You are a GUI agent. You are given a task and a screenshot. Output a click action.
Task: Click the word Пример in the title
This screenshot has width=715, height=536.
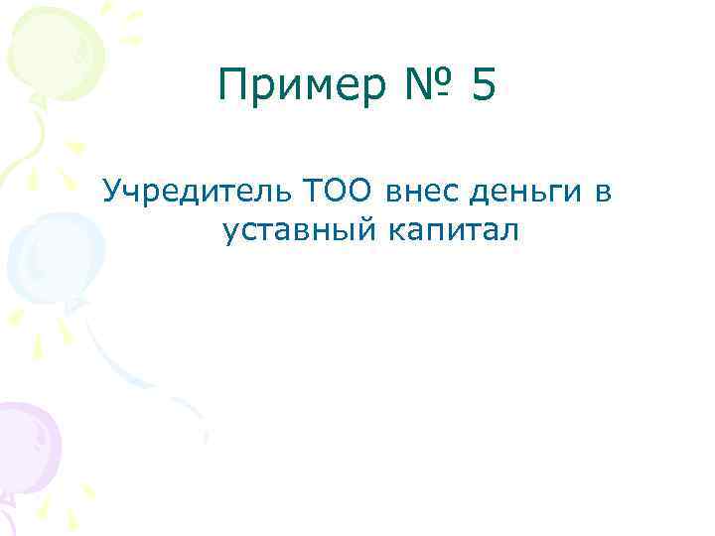click(x=297, y=87)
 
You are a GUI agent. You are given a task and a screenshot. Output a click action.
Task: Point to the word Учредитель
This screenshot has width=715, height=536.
click(x=193, y=189)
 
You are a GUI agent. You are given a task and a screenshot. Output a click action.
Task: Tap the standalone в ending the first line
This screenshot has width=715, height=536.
click(x=603, y=189)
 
